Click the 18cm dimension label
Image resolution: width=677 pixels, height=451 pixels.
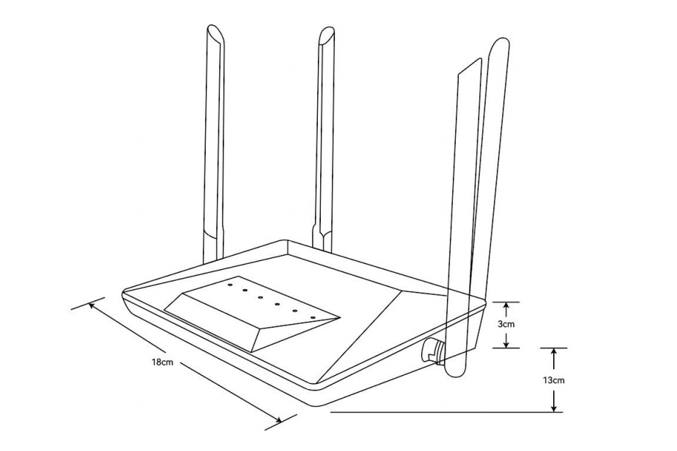(x=162, y=363)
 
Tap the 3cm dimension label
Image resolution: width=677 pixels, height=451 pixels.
(x=505, y=324)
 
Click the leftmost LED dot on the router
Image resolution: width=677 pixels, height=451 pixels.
(x=230, y=281)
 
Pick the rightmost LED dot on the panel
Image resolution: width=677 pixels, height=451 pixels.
(x=313, y=318)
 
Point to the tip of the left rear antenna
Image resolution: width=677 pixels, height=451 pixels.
(x=215, y=32)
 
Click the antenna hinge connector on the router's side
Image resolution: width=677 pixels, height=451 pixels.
(x=431, y=349)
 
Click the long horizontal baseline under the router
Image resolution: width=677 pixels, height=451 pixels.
(x=442, y=411)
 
